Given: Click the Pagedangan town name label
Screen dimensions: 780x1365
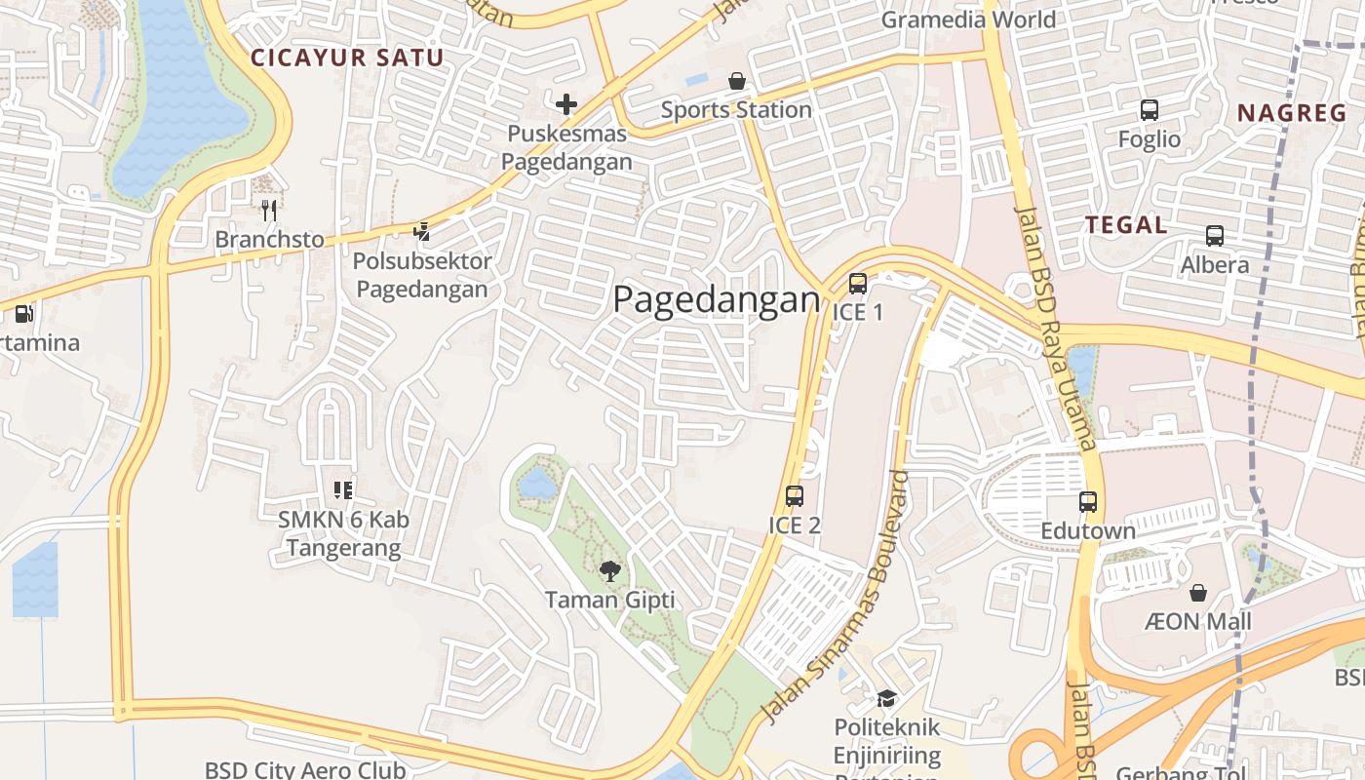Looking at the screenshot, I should [717, 300].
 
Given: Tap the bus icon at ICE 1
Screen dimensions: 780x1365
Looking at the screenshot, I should [858, 284].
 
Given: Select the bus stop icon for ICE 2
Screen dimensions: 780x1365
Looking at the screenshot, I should [795, 495].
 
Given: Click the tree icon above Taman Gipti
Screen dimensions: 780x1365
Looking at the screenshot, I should [610, 571].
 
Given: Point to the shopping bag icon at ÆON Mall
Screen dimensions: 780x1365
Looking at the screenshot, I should [1198, 592].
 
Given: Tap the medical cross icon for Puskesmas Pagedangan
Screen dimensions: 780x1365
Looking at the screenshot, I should [566, 103].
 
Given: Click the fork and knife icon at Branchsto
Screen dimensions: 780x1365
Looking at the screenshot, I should [269, 210].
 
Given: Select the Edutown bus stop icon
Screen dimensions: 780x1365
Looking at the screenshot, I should [1088, 502].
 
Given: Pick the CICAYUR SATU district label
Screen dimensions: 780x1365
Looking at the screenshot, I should [347, 58].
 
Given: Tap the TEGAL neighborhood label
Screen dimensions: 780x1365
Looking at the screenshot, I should [1126, 225].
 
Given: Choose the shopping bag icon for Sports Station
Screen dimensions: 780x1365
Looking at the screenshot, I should [737, 81].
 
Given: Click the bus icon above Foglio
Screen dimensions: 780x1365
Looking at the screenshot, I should [1150, 110].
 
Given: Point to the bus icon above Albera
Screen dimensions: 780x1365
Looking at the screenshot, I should [1215, 235].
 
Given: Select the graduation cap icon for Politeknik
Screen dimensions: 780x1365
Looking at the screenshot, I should [886, 698].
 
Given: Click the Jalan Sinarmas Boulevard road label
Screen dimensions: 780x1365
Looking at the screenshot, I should [834, 600].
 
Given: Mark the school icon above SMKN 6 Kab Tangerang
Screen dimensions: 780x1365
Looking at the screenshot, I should [343, 489].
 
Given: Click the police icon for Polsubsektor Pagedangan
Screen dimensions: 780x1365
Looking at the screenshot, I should [421, 231].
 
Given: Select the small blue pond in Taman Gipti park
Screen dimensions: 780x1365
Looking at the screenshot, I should [537, 483].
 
